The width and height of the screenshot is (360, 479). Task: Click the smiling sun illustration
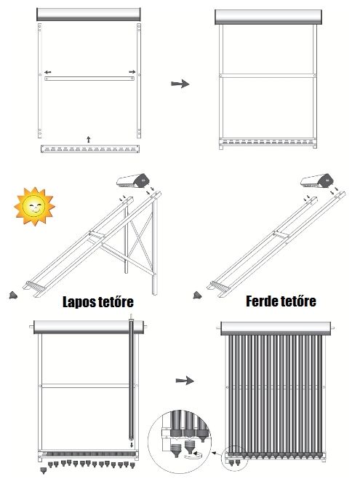[x=34, y=206]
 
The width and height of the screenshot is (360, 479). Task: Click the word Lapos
[x=77, y=302]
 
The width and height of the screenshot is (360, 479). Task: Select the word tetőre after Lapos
[x=114, y=301]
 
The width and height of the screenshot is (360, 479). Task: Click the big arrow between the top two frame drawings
[x=180, y=84]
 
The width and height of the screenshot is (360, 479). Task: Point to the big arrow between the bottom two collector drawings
[x=185, y=381]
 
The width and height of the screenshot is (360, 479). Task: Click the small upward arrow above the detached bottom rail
[x=89, y=140]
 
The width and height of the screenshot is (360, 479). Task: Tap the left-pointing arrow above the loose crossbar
[x=47, y=72]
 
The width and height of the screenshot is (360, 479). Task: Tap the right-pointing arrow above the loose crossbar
[x=132, y=72]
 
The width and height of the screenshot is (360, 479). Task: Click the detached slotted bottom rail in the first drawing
[x=90, y=149]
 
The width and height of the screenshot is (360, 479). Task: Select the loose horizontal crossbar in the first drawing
[x=89, y=79]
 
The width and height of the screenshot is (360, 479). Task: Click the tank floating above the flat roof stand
[x=132, y=181]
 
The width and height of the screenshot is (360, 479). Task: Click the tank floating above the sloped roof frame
[x=316, y=181]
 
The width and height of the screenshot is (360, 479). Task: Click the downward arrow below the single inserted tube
[x=132, y=445]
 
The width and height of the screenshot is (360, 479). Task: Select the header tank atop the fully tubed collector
[x=276, y=328]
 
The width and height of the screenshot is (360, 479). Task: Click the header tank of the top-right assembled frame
[x=268, y=17]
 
